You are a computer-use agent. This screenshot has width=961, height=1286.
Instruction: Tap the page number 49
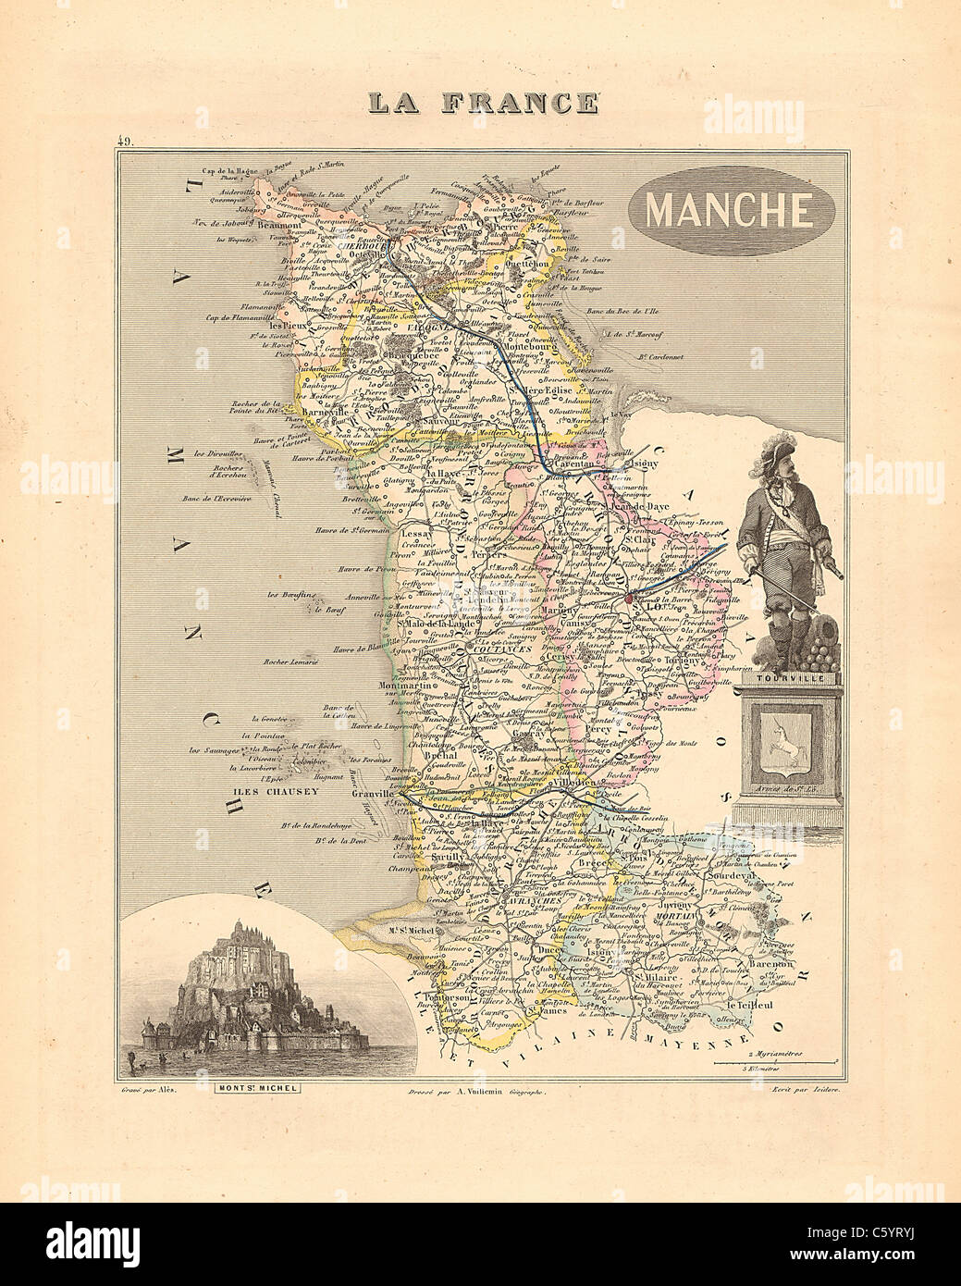point(126,142)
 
